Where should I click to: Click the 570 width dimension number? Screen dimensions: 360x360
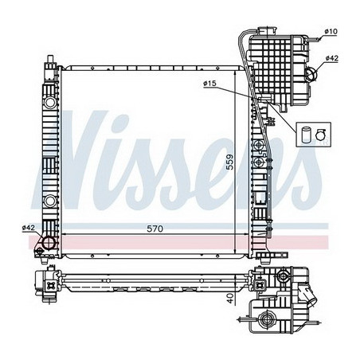155,229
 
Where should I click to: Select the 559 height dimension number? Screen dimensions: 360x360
230,162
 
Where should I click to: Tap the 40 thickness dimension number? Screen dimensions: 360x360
231,299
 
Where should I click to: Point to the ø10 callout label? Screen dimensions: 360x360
331,31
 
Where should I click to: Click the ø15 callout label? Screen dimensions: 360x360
209,84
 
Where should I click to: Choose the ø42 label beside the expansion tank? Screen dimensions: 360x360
332,58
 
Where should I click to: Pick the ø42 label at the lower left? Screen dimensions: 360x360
29,228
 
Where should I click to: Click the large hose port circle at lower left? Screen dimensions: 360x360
49,243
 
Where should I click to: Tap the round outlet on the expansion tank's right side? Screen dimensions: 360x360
311,74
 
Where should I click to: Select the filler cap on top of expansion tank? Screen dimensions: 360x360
267,30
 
